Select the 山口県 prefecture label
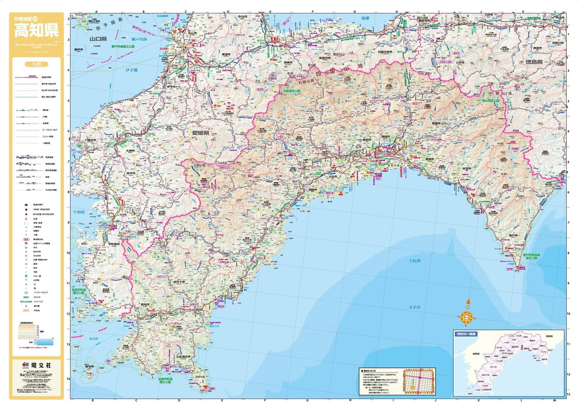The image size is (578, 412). pos(97,39)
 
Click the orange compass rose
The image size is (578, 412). pos(468,318)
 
